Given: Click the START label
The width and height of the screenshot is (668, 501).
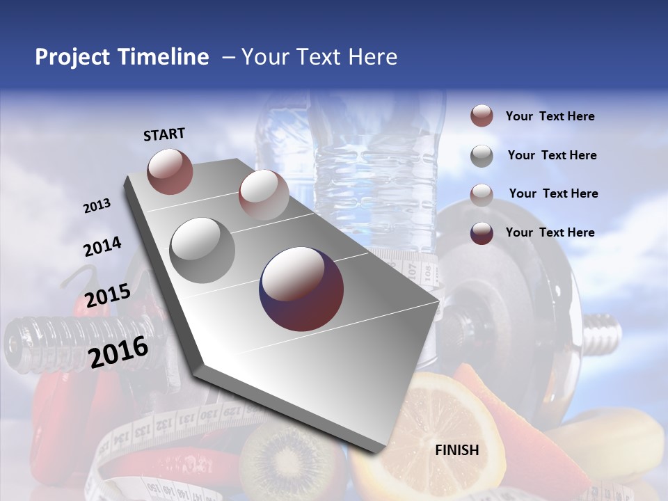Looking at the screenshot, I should click(164, 134).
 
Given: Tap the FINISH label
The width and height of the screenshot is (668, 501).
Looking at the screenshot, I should click(456, 450).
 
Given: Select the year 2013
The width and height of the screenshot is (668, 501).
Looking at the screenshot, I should click(97, 206).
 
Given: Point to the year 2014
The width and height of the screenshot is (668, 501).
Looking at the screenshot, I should click(102, 246).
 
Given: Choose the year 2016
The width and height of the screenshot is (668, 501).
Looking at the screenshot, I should click(118, 351).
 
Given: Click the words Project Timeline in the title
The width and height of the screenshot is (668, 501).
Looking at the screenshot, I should click(122, 57).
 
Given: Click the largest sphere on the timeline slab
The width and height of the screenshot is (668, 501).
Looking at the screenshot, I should click(301, 289).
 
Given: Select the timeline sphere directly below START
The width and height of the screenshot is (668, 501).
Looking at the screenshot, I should click(170, 171).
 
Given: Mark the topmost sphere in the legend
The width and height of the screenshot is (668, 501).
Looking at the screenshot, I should click(482, 116).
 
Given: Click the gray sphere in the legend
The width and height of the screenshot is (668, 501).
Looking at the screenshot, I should click(482, 156).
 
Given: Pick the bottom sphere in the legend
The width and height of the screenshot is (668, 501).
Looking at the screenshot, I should click(482, 233).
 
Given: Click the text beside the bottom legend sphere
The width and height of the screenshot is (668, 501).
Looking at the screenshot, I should click(550, 232).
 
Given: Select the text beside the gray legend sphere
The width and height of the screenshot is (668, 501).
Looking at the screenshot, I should click(552, 155).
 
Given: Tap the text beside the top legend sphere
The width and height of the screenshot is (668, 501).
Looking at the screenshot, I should click(550, 116).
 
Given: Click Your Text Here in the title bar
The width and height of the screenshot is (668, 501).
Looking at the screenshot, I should click(319, 57).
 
